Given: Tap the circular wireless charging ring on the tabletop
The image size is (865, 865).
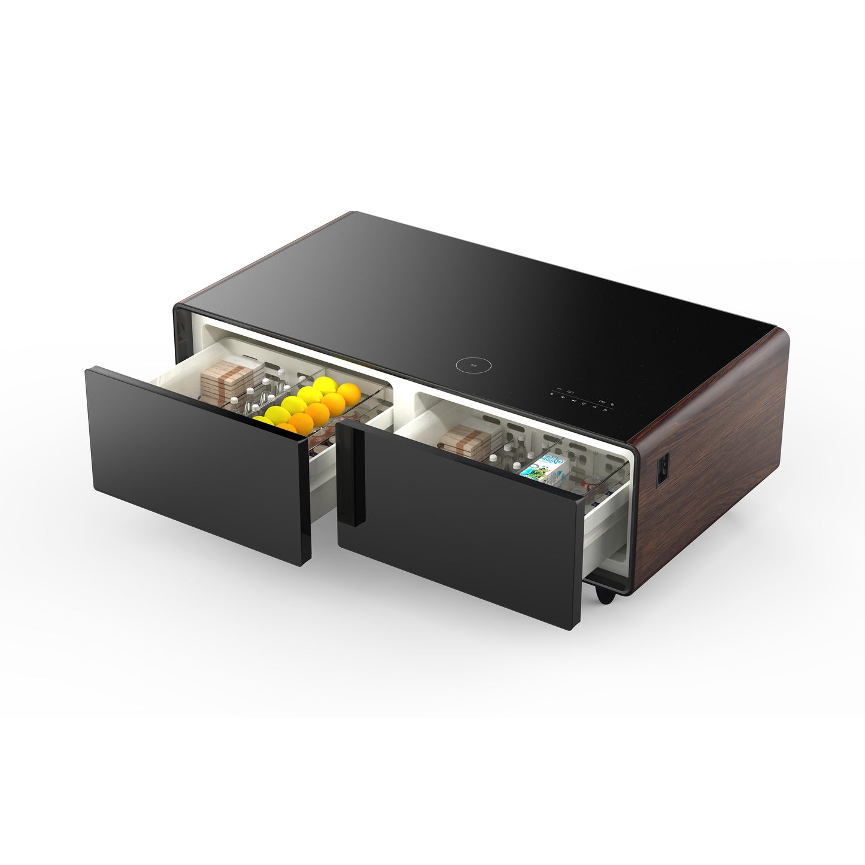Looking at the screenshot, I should point(469,364).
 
